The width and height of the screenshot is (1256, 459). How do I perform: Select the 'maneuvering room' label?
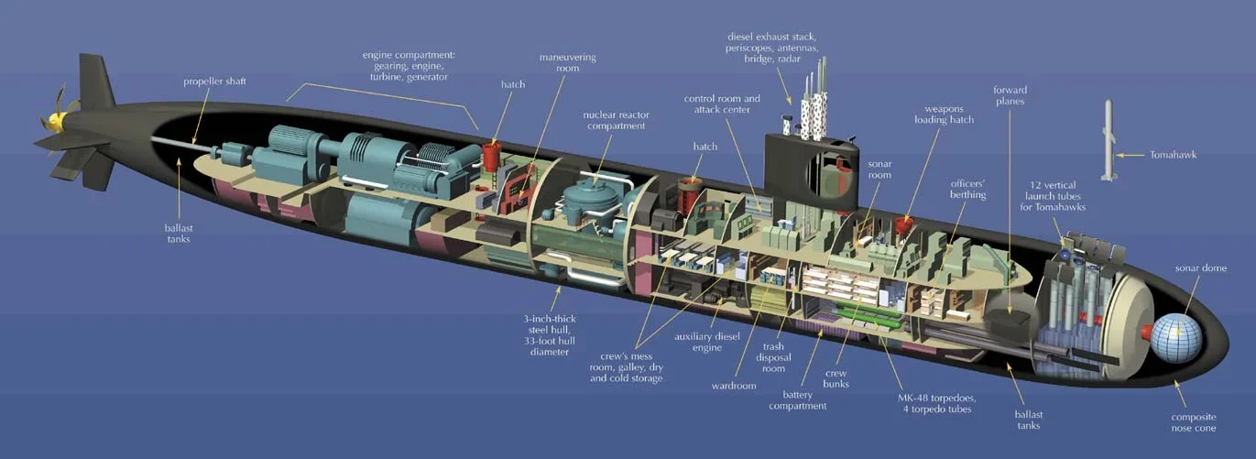point(567,63)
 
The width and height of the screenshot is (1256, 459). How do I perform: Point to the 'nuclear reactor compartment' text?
point(614,120)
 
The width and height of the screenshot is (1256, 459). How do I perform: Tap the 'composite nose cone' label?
point(1194,422)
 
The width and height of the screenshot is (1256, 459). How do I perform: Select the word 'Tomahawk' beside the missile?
point(1173,155)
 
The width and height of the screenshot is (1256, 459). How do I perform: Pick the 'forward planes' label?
point(1010,95)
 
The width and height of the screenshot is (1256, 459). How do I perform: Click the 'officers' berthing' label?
point(968,188)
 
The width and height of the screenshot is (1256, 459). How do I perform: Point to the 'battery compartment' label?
point(798,399)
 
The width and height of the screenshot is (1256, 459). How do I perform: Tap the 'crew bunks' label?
point(836,377)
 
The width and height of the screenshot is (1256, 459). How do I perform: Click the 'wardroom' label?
point(734,386)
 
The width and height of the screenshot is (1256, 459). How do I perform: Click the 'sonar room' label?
point(879,169)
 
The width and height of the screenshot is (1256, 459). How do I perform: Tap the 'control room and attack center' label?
point(722,104)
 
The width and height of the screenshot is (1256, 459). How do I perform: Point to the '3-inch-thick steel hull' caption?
point(550,334)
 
